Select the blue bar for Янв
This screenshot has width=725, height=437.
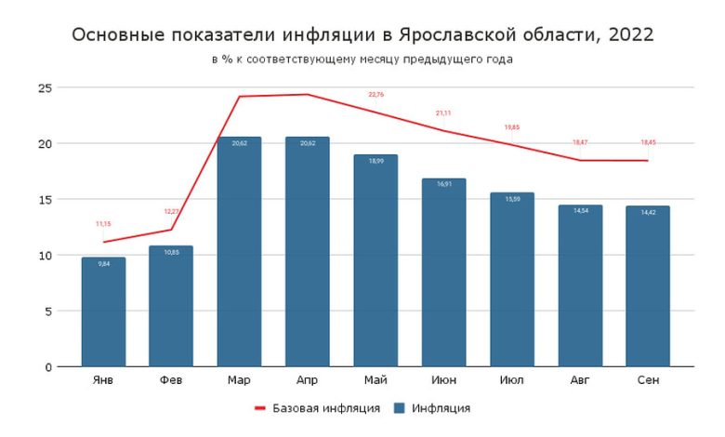[103, 311]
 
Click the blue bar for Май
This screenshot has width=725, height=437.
[376, 260]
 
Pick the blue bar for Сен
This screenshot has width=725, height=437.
[648, 286]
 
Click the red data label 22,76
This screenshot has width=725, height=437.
[376, 94]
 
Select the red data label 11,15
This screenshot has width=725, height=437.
[103, 224]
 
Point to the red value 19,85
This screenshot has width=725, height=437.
[512, 126]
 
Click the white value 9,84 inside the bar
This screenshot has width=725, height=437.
[103, 265]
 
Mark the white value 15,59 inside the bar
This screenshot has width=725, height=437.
[512, 200]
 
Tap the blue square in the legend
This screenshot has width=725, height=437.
[400, 408]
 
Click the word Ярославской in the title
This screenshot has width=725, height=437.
[459, 35]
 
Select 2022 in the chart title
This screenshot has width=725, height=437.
[627, 35]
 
